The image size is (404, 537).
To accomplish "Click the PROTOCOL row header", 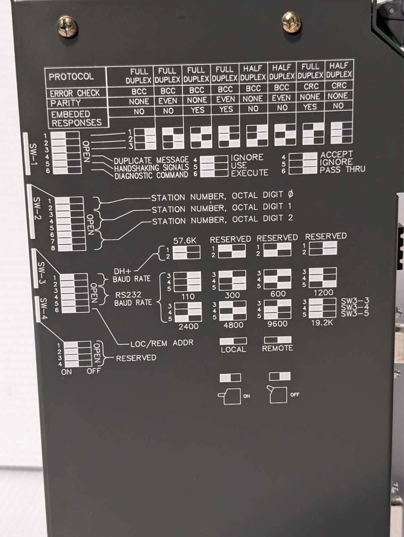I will [71, 77].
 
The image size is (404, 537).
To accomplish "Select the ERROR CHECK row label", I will [75, 93].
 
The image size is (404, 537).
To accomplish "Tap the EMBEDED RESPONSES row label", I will [76, 118].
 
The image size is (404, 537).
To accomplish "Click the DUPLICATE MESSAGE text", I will [151, 160].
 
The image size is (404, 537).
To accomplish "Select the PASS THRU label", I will [342, 169].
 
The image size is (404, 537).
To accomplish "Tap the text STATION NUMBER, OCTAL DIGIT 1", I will [221, 208].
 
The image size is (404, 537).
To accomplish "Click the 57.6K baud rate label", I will [187, 241].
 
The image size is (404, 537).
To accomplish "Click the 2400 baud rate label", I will [189, 326].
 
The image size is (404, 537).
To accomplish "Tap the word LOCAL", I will [233, 349].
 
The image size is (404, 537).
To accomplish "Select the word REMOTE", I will [277, 348].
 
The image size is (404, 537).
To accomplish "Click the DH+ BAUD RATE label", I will [132, 275].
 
